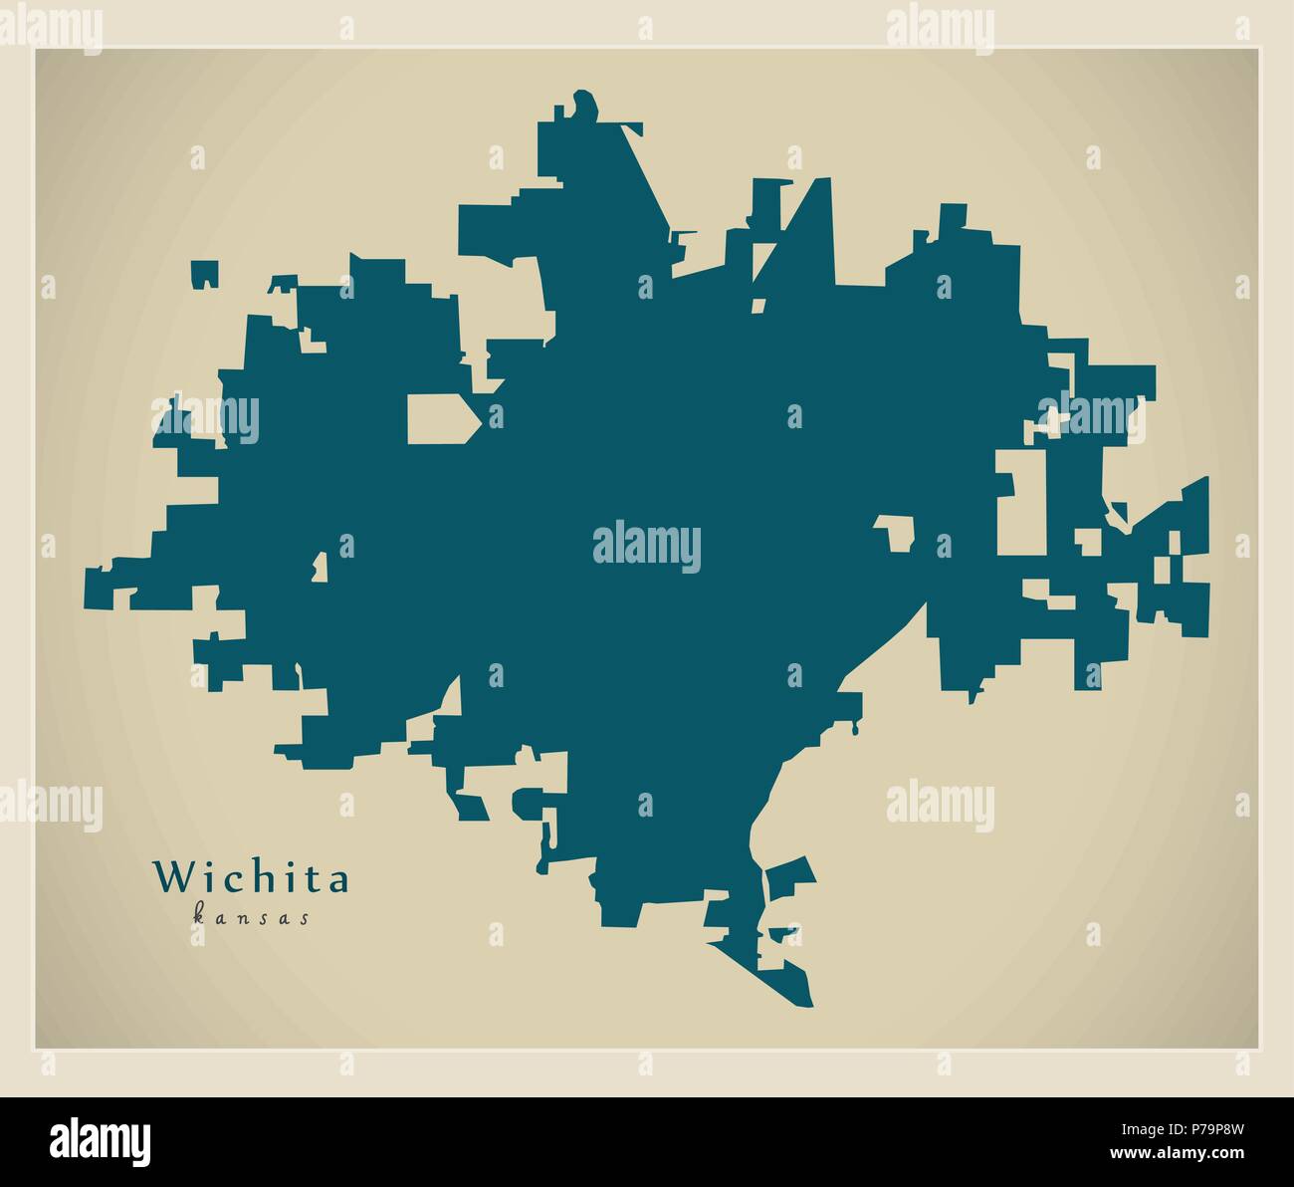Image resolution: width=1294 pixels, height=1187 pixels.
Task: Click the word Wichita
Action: pyautogui.click(x=251, y=878)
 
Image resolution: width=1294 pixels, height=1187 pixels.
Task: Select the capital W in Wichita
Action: pyautogui.click(x=169, y=877)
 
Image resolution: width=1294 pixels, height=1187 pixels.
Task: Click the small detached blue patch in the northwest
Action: pyautogui.click(x=204, y=273)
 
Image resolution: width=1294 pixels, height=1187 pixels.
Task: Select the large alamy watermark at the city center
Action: pyautogui.click(x=647, y=547)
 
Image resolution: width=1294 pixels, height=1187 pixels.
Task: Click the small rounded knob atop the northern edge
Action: pyautogui.click(x=584, y=105)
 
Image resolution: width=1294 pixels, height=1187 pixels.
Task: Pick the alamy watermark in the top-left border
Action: pyautogui.click(x=50, y=23)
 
